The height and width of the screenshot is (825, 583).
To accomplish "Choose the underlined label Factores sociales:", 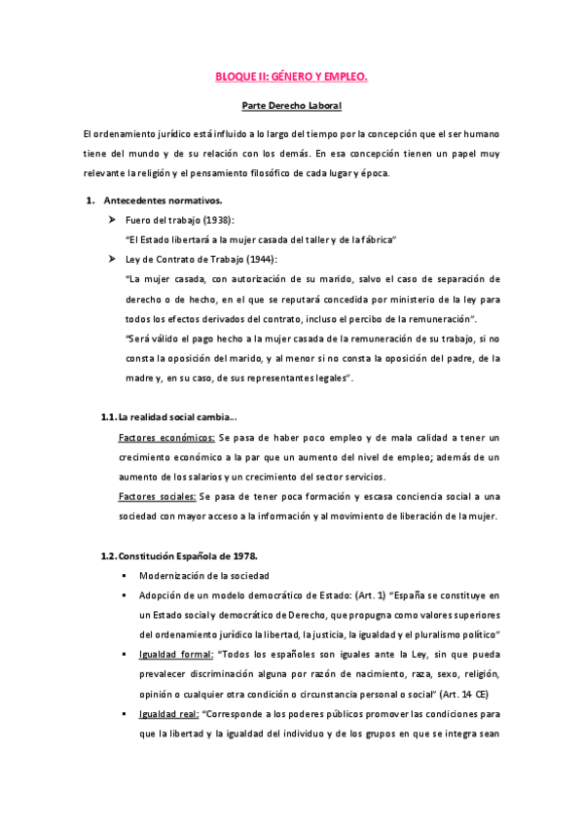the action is point(156,495).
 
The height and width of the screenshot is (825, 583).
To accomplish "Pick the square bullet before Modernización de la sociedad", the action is point(126,575).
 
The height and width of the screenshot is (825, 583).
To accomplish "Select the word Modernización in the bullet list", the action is point(172,575).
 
